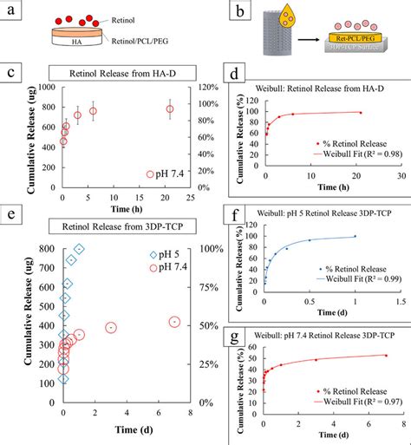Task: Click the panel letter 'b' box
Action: (224, 10)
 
